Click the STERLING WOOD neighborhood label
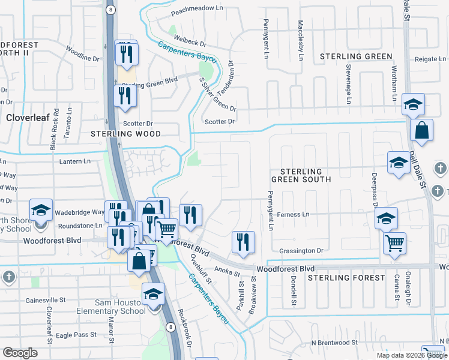(125, 134)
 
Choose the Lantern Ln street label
(74, 161)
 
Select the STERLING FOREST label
(346, 278)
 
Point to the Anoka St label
(228, 271)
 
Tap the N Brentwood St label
(334, 343)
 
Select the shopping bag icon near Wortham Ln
(422, 130)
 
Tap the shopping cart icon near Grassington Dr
(394, 244)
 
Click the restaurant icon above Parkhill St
(243, 242)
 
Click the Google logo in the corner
(20, 353)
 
